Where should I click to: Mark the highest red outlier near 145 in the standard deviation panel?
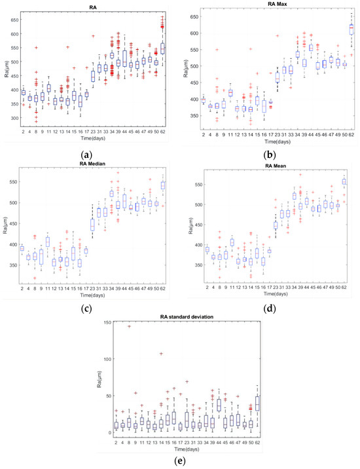130,326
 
